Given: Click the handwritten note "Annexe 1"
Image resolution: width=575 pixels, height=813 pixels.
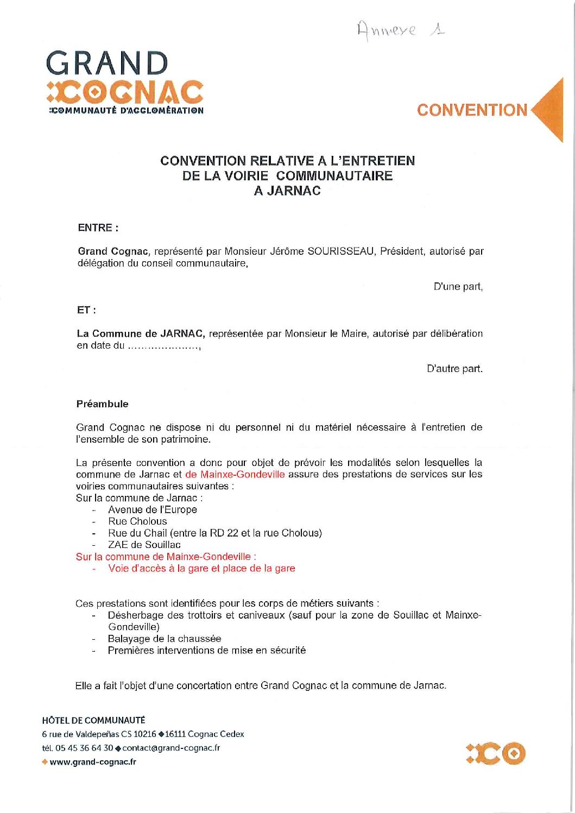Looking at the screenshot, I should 401,29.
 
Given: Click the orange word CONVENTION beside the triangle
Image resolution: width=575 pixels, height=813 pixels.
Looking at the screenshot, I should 472,110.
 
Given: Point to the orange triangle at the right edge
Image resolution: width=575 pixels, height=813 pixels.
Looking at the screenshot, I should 549,110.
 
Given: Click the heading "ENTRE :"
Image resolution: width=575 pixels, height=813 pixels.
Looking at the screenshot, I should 98,228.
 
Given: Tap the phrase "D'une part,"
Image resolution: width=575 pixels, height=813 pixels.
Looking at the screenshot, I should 458,287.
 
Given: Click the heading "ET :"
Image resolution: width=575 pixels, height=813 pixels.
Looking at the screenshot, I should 86,310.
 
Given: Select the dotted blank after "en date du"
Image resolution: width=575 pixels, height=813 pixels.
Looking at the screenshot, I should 164,346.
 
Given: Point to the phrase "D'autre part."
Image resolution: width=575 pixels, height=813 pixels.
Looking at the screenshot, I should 454,369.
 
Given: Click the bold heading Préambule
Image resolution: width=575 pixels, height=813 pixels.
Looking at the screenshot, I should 103,404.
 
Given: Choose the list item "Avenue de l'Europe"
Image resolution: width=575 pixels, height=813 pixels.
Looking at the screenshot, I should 152,510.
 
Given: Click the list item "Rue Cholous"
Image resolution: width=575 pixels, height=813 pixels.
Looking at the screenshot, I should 137,521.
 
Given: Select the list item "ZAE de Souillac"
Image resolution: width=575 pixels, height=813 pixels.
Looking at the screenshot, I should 144,545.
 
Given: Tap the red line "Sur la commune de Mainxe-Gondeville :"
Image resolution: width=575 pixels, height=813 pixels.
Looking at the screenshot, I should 166,557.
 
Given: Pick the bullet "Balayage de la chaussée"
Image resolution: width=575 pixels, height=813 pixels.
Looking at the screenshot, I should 164,639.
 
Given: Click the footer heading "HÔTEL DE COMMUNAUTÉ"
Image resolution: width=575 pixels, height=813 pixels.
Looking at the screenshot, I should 93,721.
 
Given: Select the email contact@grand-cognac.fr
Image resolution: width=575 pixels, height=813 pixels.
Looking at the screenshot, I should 171,748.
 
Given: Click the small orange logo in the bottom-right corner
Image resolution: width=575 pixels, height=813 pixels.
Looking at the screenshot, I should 495,753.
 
